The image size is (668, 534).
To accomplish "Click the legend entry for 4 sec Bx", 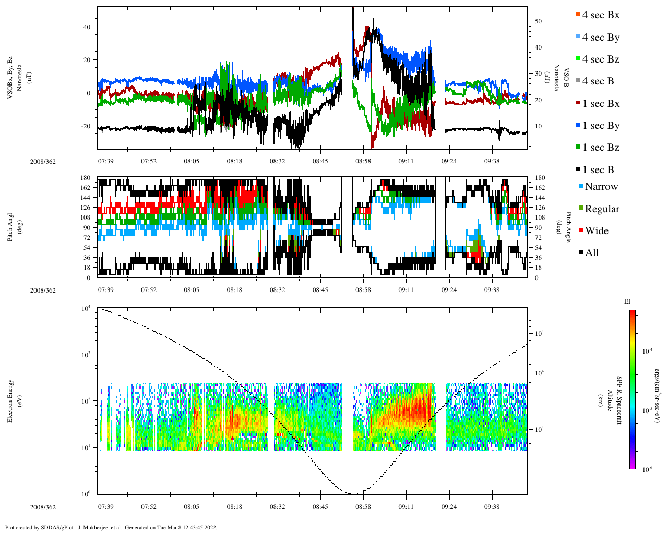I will (x=600, y=15).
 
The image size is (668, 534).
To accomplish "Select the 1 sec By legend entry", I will (x=601, y=126).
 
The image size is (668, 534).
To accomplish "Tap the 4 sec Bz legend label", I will (x=600, y=59).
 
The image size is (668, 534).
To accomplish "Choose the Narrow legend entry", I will (x=601, y=187).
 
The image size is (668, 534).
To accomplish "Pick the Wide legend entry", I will (x=596, y=231).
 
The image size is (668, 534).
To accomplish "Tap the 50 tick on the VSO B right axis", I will (x=538, y=21).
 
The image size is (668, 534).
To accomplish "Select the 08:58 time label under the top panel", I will (x=363, y=161).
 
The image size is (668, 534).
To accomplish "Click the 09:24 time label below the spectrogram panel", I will (x=449, y=507).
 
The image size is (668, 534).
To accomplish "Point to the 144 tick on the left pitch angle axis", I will (x=85, y=198).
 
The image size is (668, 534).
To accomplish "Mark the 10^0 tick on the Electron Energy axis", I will (x=87, y=494).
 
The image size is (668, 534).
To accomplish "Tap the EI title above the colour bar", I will (x=627, y=301).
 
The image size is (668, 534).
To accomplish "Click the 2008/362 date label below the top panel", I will (x=43, y=161).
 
